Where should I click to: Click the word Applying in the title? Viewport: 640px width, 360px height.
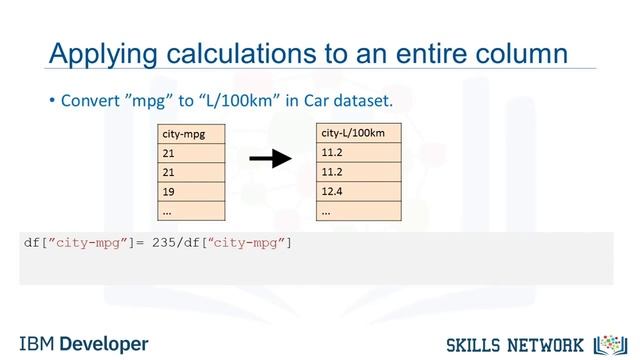coord(96,52)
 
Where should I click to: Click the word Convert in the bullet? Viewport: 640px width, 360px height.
coord(95,101)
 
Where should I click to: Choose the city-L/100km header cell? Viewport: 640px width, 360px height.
coord(359,133)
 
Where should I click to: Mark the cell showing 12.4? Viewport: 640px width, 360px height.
coord(359,191)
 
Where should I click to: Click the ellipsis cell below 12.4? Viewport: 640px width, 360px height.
coord(359,211)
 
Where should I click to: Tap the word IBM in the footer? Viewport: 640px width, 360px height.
coord(37,343)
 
